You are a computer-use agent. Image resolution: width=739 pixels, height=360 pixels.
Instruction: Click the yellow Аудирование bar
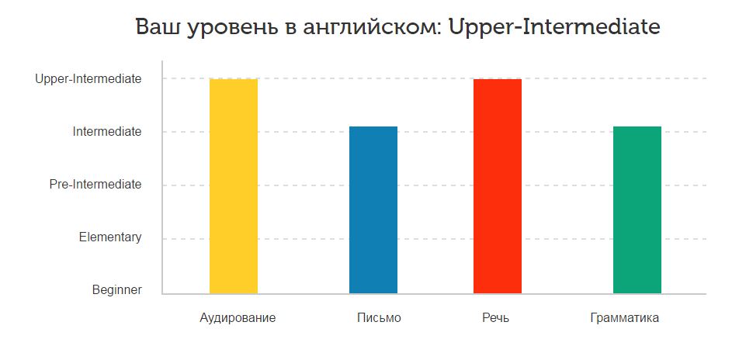233,186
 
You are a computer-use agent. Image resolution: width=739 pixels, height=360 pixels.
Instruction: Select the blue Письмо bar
373,209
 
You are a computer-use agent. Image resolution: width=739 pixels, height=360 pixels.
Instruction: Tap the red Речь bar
497,186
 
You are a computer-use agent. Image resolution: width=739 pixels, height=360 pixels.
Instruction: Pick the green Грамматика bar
637,209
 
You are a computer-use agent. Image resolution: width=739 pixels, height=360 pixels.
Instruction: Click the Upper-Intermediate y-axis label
88,79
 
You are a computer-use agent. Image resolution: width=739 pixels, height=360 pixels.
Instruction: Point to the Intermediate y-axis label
107,132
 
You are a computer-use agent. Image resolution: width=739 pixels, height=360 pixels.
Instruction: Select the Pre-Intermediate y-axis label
95,185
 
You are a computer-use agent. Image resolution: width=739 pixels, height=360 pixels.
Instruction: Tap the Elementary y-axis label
110,237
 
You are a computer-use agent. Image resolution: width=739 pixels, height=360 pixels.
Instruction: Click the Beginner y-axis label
117,290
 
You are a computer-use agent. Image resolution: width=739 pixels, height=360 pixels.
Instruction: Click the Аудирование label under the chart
238,318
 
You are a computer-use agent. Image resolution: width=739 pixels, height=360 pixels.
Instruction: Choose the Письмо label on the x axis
379,318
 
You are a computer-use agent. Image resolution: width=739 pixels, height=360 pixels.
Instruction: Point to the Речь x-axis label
496,318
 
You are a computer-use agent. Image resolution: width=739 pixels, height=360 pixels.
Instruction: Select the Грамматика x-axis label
624,318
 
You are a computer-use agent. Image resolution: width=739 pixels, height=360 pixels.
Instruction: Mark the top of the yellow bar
233,80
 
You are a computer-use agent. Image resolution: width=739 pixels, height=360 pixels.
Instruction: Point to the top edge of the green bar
637,127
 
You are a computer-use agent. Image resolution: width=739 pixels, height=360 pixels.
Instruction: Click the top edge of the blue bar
373,127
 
